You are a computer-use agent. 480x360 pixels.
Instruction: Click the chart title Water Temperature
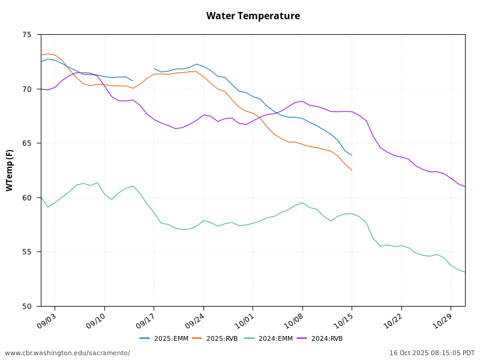pos(253,16)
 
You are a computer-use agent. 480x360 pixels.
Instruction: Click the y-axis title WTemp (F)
pos(10,170)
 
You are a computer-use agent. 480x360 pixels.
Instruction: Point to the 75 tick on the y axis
pos(27,35)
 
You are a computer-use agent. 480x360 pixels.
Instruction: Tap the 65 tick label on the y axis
pos(27,143)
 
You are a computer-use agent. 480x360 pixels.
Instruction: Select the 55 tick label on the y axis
pos(27,252)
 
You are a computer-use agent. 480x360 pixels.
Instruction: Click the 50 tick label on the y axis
pos(27,306)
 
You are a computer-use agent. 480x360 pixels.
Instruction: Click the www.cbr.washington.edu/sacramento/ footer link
pos(67,353)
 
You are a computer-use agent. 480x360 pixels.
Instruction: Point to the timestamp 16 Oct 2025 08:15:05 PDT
pos(432,353)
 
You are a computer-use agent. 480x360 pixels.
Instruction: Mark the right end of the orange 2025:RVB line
pos(352,170)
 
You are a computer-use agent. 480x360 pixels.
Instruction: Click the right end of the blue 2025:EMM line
pos(352,155)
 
